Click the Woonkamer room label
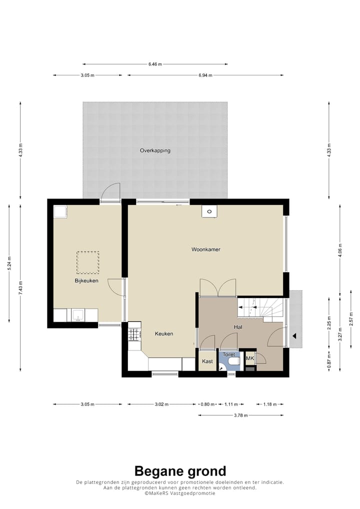point(206,249)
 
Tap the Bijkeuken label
point(86,280)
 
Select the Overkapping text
point(155,150)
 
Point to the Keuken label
point(164,333)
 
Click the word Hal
point(238,327)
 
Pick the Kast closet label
point(207,361)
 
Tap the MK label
point(249,358)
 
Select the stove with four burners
point(134,334)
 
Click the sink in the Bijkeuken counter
point(78,315)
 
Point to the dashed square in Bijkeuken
point(87,262)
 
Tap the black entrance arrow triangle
point(294,336)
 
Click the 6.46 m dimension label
point(155,64)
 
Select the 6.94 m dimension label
point(205,75)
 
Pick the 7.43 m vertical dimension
point(20,287)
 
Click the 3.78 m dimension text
point(241,415)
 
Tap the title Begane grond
point(180,470)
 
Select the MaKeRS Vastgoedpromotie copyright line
point(180,493)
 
